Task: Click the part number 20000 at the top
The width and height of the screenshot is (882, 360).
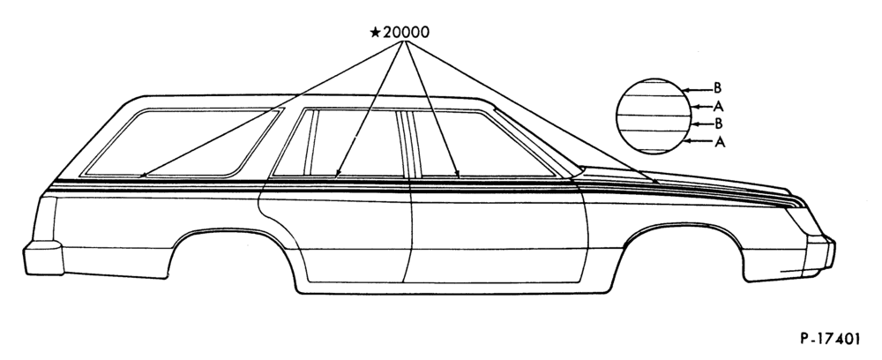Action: [406, 32]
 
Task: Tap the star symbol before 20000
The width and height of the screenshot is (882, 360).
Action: [375, 32]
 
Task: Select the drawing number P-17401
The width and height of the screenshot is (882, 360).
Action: [830, 339]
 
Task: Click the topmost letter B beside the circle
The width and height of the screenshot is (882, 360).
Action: [717, 87]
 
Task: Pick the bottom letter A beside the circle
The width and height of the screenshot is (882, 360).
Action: [720, 143]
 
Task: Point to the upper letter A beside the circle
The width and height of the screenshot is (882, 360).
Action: [718, 106]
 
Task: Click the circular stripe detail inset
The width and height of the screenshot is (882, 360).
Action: [654, 116]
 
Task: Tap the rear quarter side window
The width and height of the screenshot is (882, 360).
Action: [180, 142]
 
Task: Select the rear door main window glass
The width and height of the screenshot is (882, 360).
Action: [358, 143]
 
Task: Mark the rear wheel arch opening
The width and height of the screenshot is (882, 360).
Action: [230, 234]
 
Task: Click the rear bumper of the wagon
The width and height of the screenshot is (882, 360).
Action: [42, 258]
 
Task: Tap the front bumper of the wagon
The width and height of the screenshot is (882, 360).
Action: [820, 253]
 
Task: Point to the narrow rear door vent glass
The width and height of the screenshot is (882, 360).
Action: [293, 143]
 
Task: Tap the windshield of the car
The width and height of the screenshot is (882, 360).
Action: [537, 140]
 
